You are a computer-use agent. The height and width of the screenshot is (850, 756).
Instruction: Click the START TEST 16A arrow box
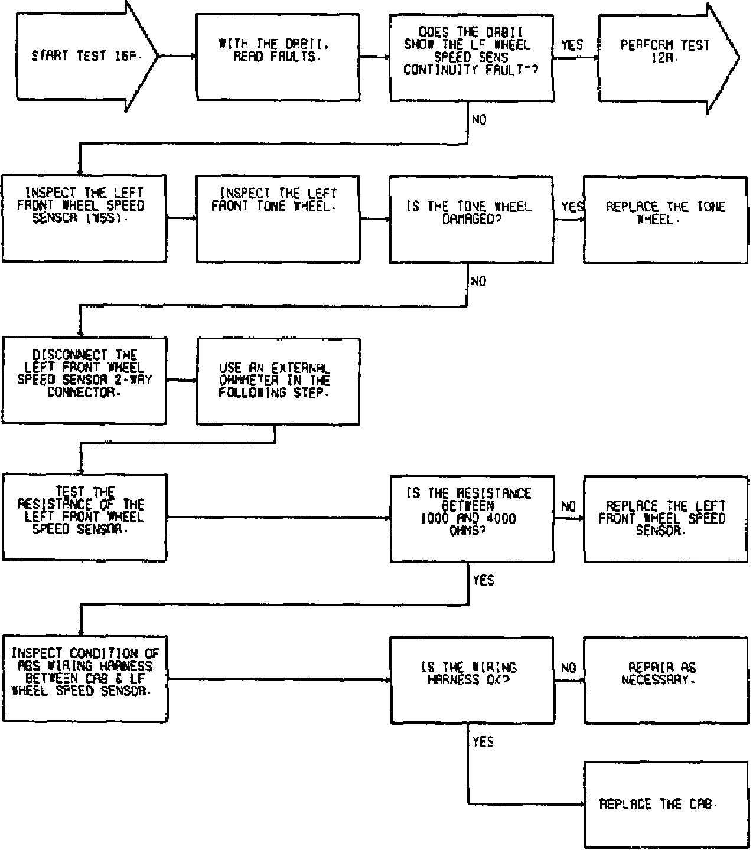[83, 56]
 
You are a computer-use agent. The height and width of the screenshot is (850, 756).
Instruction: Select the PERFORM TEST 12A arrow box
[664, 56]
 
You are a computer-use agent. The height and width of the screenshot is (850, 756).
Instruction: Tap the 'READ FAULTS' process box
[278, 57]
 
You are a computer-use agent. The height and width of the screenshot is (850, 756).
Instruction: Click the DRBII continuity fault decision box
[471, 57]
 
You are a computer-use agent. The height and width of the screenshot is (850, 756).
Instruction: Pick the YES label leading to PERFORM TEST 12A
[572, 45]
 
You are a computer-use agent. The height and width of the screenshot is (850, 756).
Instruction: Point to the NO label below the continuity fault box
[479, 120]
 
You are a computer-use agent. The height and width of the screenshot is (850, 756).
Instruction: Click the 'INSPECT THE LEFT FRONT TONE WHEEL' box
[278, 218]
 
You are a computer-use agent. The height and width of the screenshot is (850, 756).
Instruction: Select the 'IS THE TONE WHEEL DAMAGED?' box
[471, 218]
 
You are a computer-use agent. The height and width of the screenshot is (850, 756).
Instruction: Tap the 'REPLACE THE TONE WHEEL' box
[664, 218]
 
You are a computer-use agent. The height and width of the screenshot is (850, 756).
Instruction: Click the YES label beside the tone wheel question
[572, 207]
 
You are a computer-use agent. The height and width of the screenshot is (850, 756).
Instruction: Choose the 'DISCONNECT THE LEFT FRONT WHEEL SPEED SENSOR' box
[84, 380]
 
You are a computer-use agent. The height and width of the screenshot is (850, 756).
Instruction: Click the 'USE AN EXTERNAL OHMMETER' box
[278, 381]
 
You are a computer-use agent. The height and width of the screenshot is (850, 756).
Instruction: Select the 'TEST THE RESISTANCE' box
[84, 517]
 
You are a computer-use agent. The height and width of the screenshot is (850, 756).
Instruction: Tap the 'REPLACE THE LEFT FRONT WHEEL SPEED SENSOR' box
[664, 518]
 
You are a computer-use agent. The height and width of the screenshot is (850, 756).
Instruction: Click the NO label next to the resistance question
[568, 506]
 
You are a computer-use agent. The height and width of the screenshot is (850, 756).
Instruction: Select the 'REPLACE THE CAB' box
[664, 805]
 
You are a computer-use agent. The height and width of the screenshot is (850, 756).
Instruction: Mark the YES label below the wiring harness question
[483, 742]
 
